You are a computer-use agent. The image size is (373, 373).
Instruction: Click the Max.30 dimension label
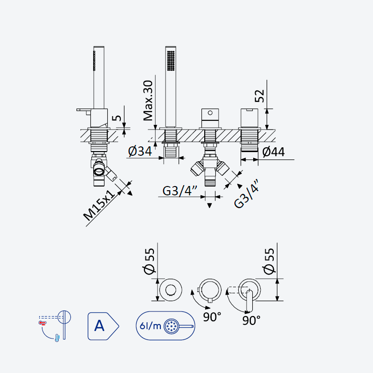click(148, 101)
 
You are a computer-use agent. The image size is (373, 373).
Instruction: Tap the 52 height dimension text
click(260, 96)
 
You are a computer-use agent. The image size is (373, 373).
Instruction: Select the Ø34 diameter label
click(140, 151)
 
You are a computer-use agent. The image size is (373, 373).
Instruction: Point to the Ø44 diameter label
click(273, 152)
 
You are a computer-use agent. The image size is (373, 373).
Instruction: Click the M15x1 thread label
click(99, 205)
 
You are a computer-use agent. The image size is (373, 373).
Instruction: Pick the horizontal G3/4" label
click(180, 191)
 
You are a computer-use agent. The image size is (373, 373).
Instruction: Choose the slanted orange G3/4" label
click(247, 193)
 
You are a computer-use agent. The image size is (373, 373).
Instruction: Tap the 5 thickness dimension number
click(117, 118)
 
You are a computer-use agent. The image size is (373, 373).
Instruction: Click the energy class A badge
click(103, 326)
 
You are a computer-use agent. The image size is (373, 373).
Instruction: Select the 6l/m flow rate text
click(150, 325)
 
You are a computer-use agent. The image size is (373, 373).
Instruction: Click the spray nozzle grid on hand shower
click(171, 61)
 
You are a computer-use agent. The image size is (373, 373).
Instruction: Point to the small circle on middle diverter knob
click(210, 113)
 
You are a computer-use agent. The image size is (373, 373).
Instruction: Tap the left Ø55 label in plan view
click(149, 262)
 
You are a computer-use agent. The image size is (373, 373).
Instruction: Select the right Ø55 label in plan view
click(269, 262)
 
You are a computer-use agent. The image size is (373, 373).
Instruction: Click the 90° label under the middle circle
click(212, 317)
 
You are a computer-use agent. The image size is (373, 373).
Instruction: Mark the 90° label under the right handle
click(251, 320)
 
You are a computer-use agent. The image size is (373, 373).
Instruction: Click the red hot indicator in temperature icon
click(42, 323)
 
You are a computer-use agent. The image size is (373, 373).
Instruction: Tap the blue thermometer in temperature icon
click(57, 338)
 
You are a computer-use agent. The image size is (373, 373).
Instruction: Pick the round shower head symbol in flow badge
click(172, 326)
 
